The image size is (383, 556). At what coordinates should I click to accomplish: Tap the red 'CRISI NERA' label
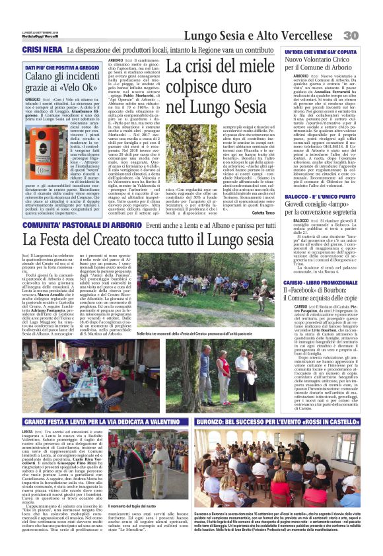pos(40,50)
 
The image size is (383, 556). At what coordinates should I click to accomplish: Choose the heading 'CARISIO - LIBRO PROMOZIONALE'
pos(320,282)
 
